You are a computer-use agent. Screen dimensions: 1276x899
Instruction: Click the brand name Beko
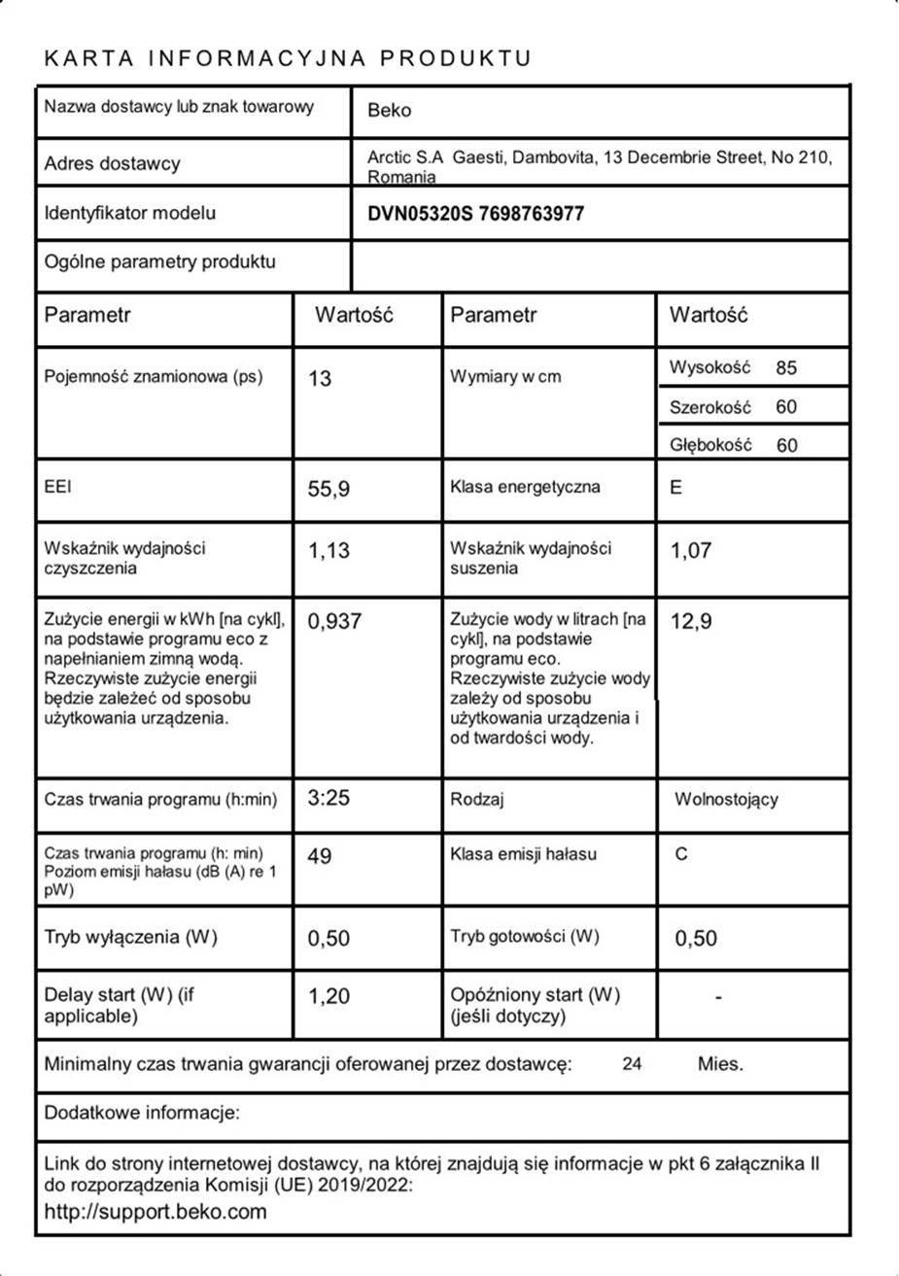pos(389,111)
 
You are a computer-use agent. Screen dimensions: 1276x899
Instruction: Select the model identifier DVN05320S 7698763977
pos(476,214)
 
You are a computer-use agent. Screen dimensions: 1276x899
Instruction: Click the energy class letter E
pos(676,488)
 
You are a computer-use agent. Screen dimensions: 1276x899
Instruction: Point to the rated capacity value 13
pos(320,378)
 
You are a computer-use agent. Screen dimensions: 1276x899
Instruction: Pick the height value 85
pos(786,368)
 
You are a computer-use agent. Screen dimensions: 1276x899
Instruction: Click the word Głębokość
pos(710,445)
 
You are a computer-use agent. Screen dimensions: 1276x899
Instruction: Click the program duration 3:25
pos(328,799)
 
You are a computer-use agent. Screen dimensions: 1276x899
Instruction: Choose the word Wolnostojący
pos(726,800)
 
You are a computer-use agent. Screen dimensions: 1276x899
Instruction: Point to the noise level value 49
pos(319,856)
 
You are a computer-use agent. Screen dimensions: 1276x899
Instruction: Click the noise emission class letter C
pos(681,855)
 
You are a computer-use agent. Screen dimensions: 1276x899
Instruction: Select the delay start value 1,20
pos(328,996)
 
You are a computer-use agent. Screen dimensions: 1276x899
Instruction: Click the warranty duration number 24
pos(632,1064)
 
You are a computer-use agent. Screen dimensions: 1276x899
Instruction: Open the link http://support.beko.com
pos(156,1212)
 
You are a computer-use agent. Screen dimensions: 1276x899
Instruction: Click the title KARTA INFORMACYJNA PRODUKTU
pos(288,58)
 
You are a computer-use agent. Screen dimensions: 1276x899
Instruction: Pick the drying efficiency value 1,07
pos(691,551)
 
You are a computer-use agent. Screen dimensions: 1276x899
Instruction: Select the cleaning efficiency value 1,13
pos(328,551)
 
